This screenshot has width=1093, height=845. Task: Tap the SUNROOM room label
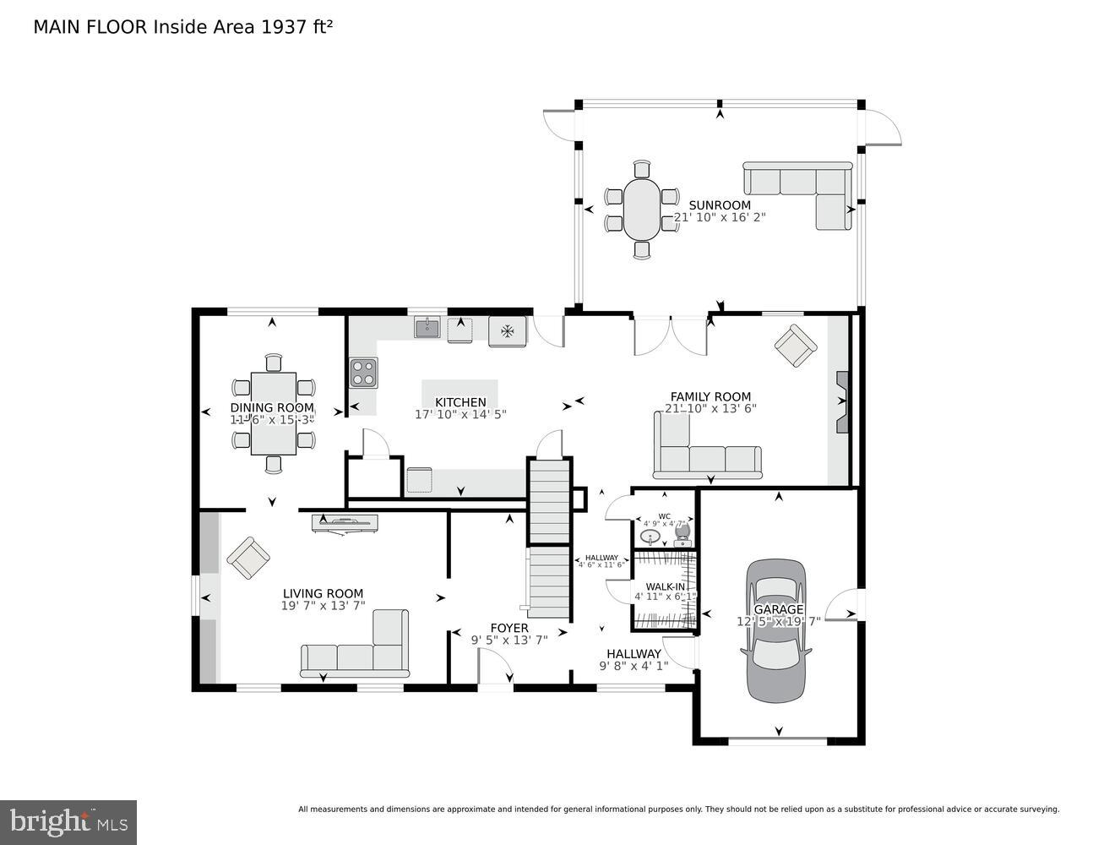(720, 205)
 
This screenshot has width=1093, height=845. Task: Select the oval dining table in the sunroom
(642, 209)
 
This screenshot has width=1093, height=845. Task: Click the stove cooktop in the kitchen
(364, 373)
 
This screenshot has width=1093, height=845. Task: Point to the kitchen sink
(427, 328)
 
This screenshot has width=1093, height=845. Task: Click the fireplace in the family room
(842, 402)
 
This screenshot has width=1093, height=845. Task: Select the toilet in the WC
(682, 532)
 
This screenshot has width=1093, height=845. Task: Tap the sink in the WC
(650, 537)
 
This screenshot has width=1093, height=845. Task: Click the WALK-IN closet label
(665, 586)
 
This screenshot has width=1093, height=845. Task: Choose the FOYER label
(509, 628)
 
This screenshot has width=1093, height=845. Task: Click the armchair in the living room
(248, 559)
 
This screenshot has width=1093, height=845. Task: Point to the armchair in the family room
(796, 346)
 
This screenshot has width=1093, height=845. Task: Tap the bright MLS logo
(68, 821)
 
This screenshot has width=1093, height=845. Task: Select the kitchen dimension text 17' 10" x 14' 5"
(460, 415)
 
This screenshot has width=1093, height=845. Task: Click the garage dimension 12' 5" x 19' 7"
(778, 621)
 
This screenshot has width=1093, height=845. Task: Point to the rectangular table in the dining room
(274, 413)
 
